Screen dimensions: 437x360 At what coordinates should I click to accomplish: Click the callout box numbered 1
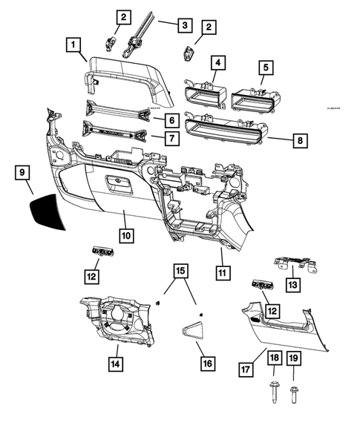tap(73, 45)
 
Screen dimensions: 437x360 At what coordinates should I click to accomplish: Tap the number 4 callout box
tap(217, 63)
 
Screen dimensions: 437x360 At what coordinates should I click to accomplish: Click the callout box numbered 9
tap(23, 173)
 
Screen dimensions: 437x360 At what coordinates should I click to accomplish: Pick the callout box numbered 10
tap(126, 235)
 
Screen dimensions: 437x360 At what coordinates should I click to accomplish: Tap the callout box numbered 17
tap(246, 368)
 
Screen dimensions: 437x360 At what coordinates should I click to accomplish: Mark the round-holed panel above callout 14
tap(119, 319)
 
